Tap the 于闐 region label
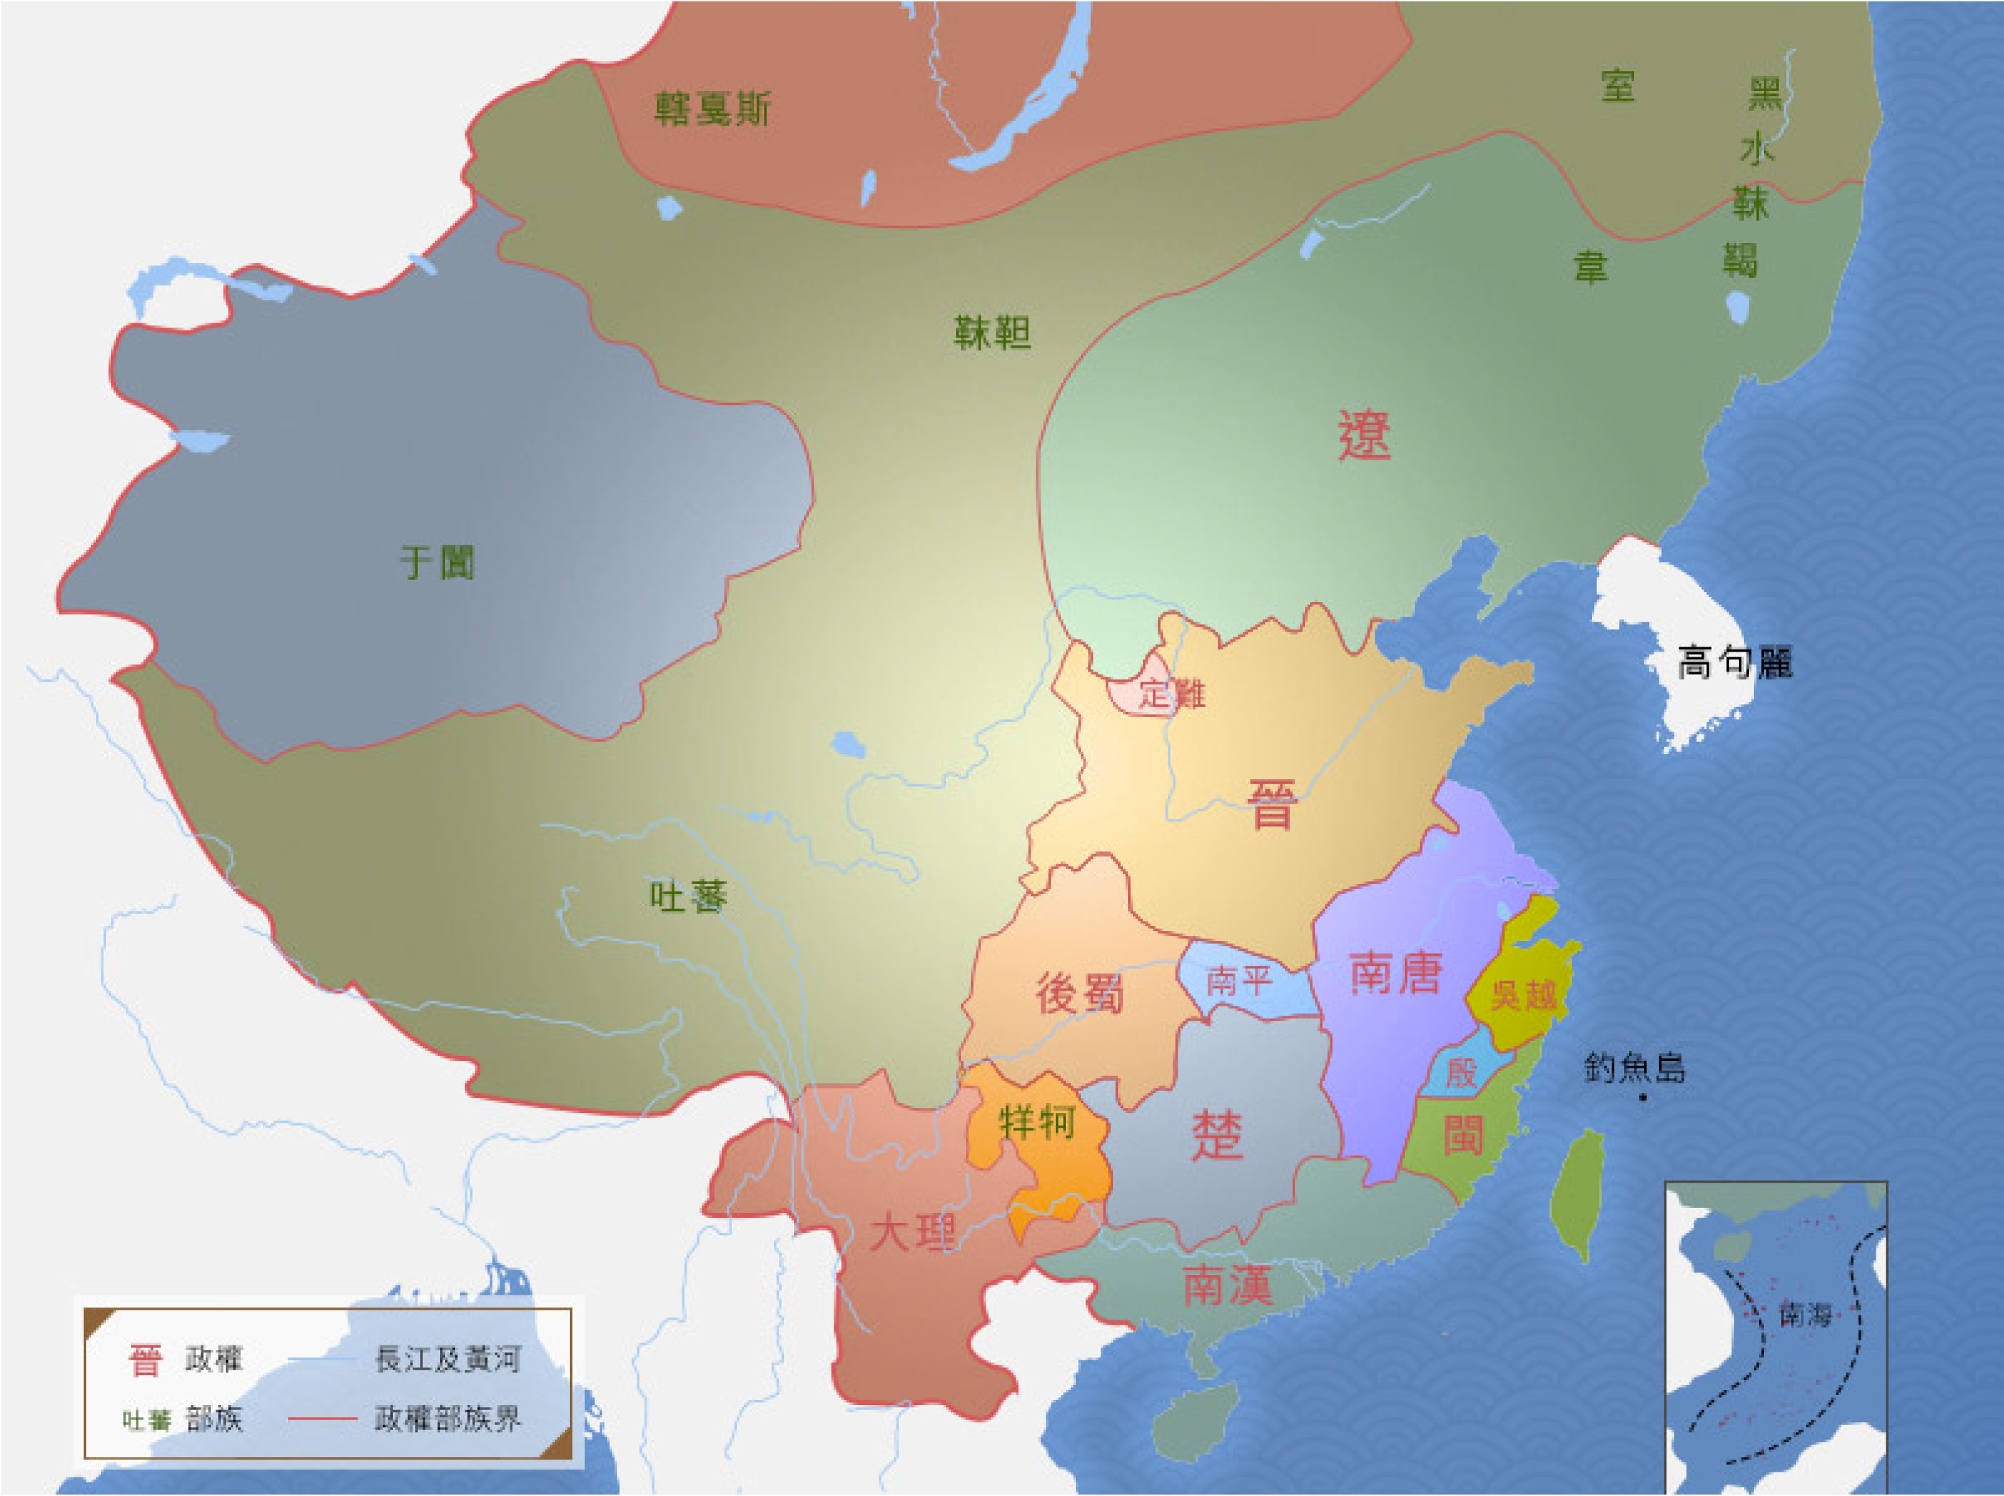[437, 563]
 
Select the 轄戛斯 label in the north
[712, 110]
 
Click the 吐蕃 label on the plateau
[688, 897]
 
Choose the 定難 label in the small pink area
[1172, 695]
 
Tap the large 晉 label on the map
[1272, 804]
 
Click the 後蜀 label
[1079, 994]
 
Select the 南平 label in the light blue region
[1239, 980]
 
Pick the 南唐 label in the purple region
[1395, 973]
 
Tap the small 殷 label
[1461, 1074]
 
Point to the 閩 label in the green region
[1462, 1135]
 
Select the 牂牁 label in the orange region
[1037, 1123]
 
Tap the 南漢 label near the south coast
[1228, 1286]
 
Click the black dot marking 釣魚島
[1643, 1098]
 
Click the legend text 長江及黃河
[447, 1359]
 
